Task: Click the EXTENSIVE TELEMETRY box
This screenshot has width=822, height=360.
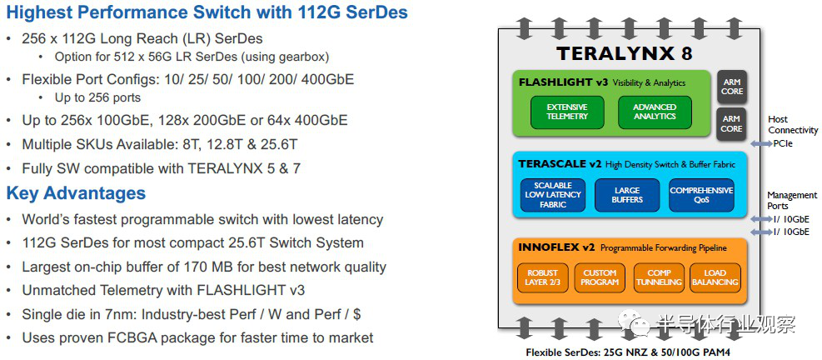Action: [x=567, y=112]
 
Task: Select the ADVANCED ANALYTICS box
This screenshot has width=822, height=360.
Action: [x=655, y=112]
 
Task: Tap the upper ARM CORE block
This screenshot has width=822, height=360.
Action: [x=732, y=87]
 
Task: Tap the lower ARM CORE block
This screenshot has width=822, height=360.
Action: [x=732, y=124]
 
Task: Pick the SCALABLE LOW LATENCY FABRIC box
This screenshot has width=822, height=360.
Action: [x=553, y=195]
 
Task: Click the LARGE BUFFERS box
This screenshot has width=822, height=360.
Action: [x=627, y=195]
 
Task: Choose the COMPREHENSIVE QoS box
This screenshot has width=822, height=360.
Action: [x=701, y=195]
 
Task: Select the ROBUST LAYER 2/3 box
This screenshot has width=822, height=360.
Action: [x=541, y=277]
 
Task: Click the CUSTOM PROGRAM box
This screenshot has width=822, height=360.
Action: [x=600, y=277]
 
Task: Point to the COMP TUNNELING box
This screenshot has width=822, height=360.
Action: [x=659, y=277]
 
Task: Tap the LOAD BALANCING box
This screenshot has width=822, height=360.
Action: [x=715, y=277]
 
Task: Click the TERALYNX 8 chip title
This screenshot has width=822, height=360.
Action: [x=625, y=53]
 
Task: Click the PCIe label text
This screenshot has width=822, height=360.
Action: [x=783, y=143]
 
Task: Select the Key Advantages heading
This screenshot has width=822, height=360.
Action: [x=76, y=193]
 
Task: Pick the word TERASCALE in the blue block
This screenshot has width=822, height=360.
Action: [x=553, y=164]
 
